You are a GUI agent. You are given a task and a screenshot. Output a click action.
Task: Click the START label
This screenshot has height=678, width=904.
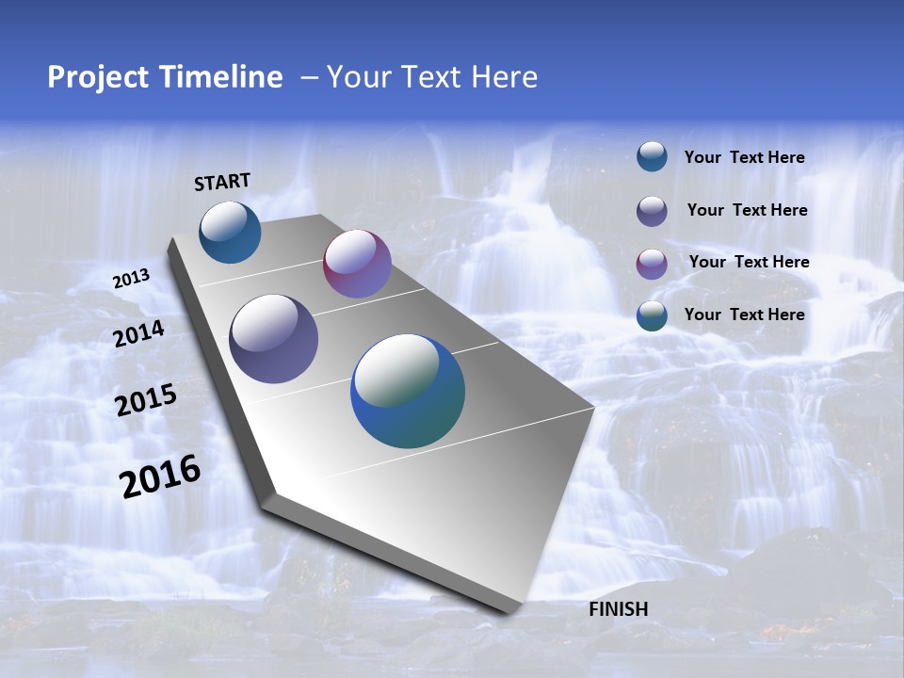point(222,182)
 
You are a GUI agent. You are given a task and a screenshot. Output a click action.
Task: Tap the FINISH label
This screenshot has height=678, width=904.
point(618,609)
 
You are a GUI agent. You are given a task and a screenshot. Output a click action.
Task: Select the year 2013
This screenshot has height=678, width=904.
point(131,279)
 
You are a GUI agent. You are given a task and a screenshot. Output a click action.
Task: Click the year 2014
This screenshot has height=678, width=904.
point(138,334)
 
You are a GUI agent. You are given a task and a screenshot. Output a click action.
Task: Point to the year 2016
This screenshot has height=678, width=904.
point(160,476)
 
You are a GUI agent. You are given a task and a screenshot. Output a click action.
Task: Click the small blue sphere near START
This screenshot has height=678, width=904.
point(230,232)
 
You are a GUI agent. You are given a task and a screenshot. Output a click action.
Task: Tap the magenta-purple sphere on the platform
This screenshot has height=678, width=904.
point(357,264)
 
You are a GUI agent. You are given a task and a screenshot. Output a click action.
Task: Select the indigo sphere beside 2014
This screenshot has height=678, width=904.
point(273,339)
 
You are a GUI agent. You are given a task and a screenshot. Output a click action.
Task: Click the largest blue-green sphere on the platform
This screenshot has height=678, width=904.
point(408,391)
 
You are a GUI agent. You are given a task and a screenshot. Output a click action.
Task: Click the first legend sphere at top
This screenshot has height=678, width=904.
point(652,156)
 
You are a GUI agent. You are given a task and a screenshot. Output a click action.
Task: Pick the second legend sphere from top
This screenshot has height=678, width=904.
point(652,211)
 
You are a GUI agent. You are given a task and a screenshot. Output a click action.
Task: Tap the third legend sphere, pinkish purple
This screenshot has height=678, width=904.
point(652,264)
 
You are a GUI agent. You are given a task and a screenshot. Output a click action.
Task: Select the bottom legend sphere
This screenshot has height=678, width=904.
point(652,315)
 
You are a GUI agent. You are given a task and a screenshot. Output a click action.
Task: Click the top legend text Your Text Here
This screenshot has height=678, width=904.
point(744,157)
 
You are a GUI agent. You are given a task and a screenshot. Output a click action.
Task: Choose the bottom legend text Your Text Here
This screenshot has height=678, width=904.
point(744,315)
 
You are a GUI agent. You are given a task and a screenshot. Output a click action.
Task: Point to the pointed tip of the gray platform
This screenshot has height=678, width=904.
point(593,408)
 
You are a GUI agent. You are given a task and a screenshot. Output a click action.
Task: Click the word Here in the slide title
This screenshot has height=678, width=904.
point(504,77)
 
